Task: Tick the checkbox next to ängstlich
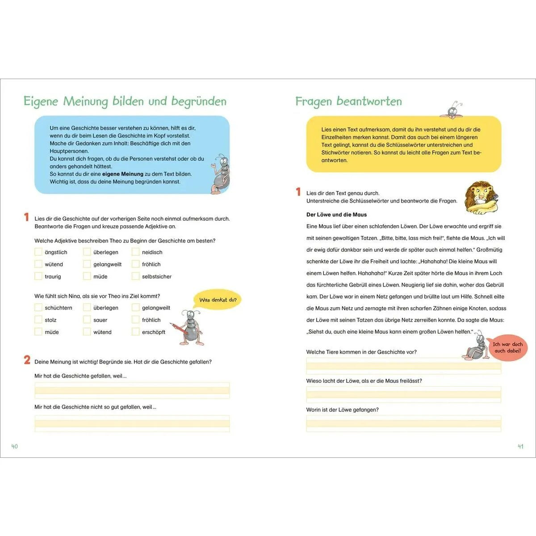[x=38, y=252]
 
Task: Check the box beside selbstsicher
[x=135, y=276]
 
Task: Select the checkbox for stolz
[x=38, y=319]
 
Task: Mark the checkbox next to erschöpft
[x=135, y=331]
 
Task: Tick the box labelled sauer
[x=87, y=319]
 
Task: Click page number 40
[x=15, y=446]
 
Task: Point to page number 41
[x=520, y=446]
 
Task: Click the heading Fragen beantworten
[x=348, y=101]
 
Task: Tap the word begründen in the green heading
[x=199, y=101]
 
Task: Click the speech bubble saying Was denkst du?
[x=218, y=300]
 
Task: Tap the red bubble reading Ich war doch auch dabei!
[x=507, y=348]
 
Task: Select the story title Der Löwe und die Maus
[x=336, y=214]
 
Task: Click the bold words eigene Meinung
[x=122, y=174]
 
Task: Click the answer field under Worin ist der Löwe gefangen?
[x=403, y=423]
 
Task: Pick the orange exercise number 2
[x=27, y=360]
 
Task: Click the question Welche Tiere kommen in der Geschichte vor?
[x=361, y=352]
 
